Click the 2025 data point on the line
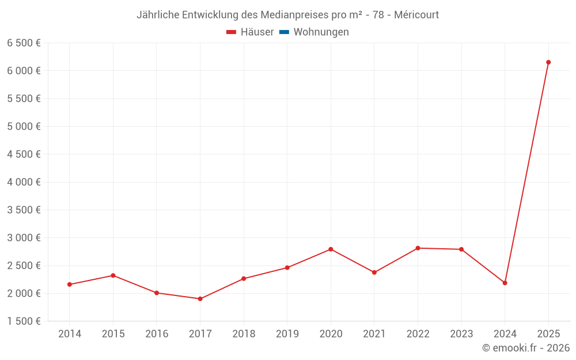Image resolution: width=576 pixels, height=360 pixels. click(x=548, y=62)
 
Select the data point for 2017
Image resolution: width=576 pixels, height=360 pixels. click(x=200, y=299)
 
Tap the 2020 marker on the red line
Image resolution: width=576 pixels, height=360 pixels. click(x=331, y=249)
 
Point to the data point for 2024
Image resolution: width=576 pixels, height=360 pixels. click(x=505, y=283)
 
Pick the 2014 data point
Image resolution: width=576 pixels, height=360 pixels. click(x=70, y=285)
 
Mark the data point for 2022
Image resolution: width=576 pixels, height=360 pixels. click(x=418, y=248)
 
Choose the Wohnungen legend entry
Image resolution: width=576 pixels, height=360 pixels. click(x=321, y=32)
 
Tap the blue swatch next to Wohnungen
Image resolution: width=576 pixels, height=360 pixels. click(x=284, y=32)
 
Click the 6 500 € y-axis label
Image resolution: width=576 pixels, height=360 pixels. click(x=24, y=43)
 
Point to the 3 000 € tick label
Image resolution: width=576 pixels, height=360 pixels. click(x=24, y=238)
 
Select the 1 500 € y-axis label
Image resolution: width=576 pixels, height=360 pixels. click(x=24, y=321)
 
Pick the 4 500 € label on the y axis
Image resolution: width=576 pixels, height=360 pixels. click(x=24, y=154)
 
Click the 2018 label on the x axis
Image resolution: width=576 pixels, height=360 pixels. click(x=244, y=334)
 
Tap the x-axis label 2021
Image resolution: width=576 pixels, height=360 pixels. click(x=374, y=334)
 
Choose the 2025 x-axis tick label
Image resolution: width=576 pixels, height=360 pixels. click(x=548, y=334)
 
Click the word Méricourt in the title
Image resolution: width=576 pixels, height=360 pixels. click(x=416, y=15)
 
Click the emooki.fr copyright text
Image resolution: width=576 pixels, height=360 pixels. click(x=526, y=348)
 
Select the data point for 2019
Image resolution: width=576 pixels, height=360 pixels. click(x=287, y=268)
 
